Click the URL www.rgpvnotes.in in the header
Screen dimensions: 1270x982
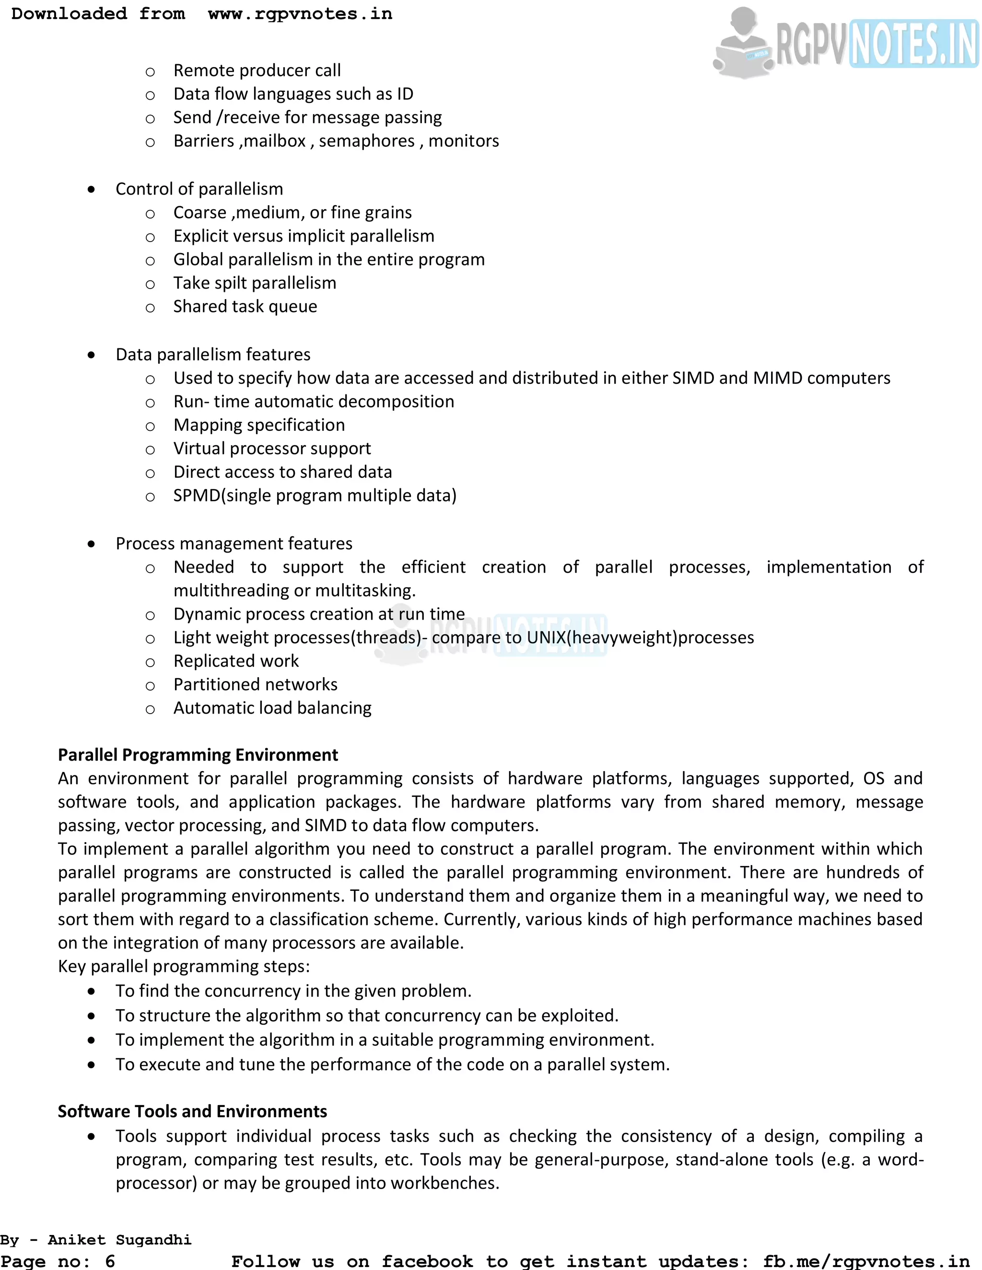coord(300,14)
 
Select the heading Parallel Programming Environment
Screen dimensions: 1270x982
coord(198,755)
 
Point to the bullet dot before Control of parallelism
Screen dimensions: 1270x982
coord(91,190)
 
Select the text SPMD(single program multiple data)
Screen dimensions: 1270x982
coord(315,496)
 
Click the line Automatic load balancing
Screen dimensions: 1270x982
coord(272,708)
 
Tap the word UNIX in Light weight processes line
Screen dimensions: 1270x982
coord(546,638)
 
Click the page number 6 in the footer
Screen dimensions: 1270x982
coord(109,1261)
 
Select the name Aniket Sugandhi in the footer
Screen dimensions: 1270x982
coord(119,1240)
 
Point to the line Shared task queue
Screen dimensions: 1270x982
coord(245,307)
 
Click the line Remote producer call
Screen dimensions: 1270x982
coord(257,71)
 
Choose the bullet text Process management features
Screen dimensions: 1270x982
coord(234,544)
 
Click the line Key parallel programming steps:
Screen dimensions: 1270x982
coord(184,967)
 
